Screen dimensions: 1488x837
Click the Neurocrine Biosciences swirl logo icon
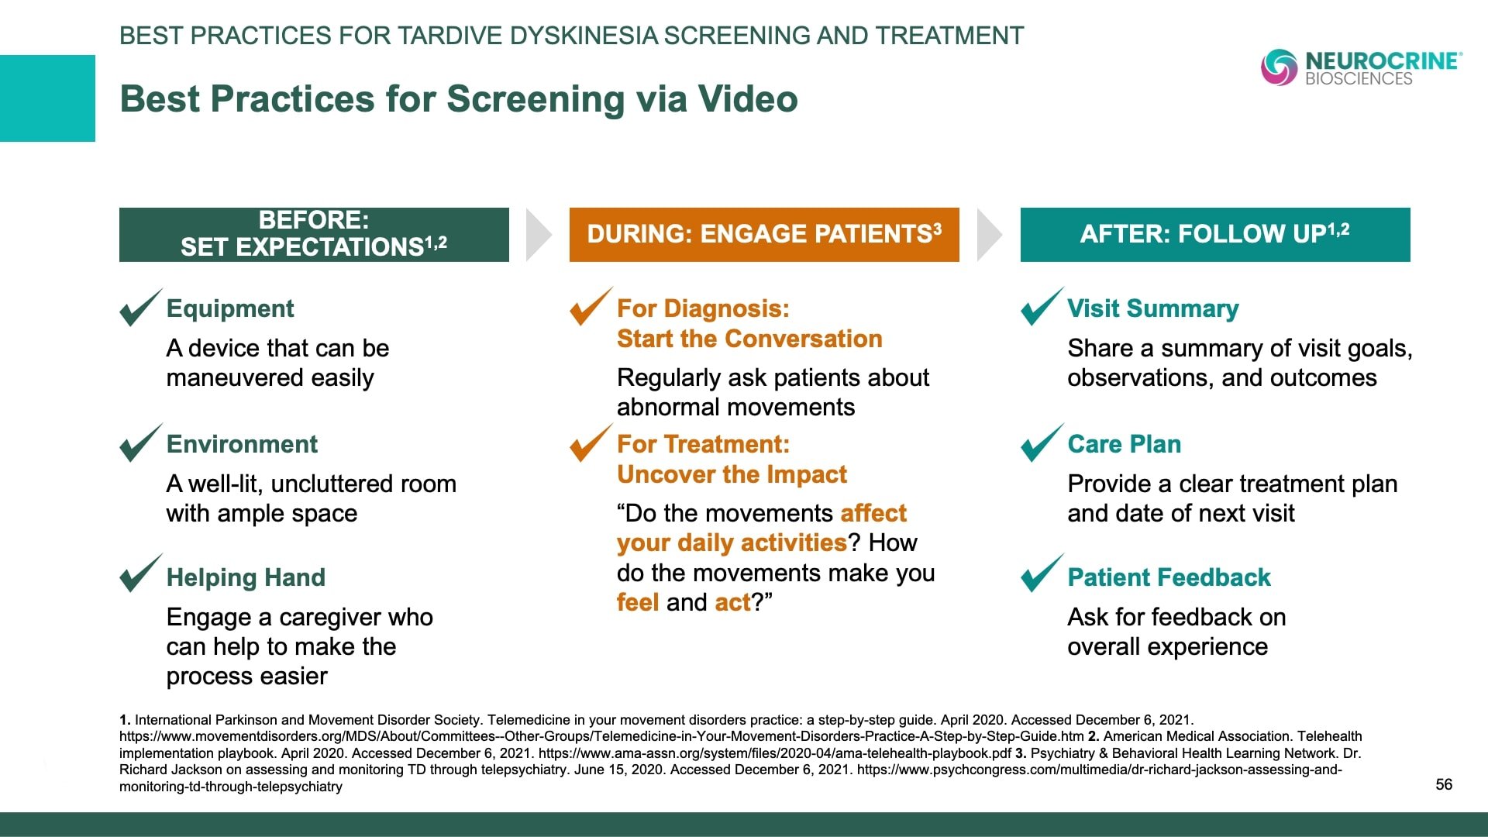[1279, 67]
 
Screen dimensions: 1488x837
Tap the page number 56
[1444, 784]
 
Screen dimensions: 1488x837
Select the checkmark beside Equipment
[141, 308]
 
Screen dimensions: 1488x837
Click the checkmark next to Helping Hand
[141, 573]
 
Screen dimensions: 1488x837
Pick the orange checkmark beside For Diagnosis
[591, 307]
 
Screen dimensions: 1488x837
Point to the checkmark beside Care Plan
[1042, 443]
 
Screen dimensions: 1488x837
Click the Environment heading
[242, 444]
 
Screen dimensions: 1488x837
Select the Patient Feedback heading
[1169, 577]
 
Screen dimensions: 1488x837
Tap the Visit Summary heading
[1153, 308]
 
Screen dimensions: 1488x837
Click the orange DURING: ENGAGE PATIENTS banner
[764, 234]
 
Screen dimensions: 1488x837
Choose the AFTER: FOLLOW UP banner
[1215, 234]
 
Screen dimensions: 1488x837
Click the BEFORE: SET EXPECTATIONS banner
[314, 234]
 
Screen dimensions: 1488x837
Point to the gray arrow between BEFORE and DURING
[539, 234]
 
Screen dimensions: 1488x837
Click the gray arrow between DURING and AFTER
[990, 234]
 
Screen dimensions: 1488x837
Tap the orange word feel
[638, 602]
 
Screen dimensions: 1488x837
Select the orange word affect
[873, 513]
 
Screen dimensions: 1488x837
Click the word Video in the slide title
[748, 99]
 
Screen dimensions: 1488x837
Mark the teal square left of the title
[47, 98]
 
